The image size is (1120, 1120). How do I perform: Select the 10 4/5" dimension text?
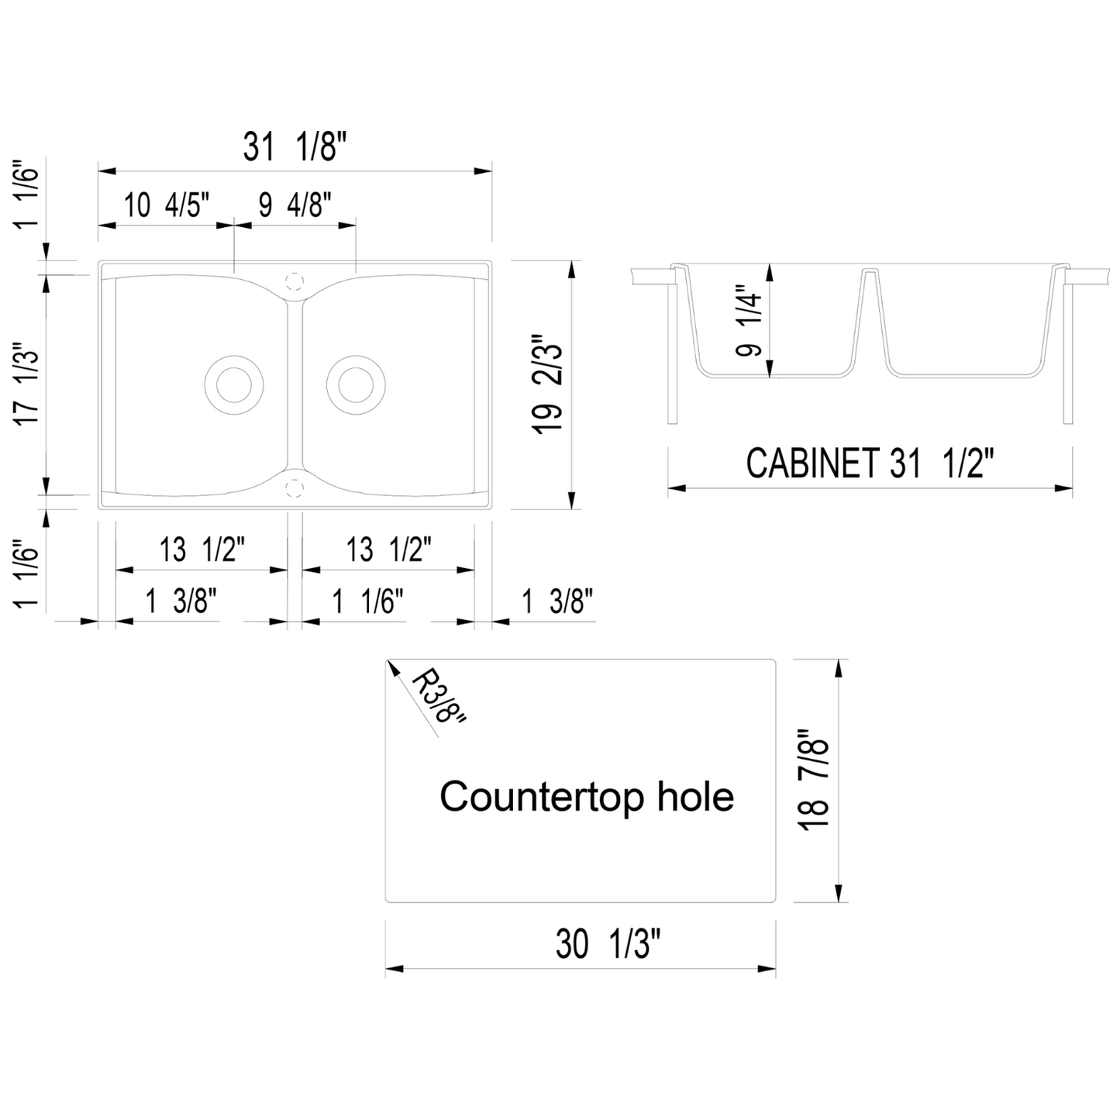(x=166, y=206)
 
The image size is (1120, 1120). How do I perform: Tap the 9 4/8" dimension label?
(x=295, y=206)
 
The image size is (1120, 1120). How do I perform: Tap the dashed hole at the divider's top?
(x=294, y=280)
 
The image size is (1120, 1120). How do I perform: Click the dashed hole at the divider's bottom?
(x=294, y=486)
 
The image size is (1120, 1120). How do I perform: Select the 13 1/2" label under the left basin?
(x=202, y=550)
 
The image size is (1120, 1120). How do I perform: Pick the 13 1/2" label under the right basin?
(x=388, y=550)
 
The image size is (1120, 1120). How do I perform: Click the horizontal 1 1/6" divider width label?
(x=369, y=601)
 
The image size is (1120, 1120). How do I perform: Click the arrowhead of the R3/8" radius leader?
(x=391, y=664)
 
